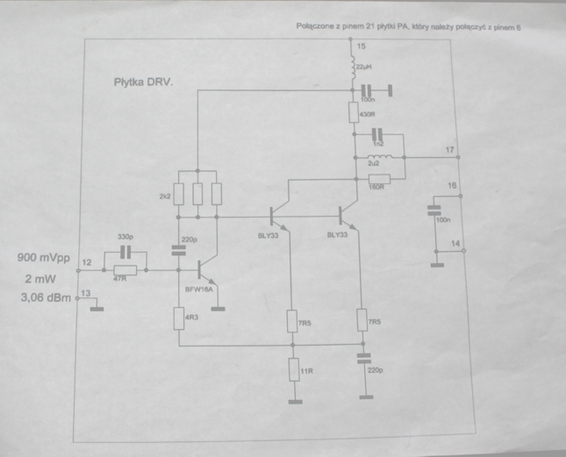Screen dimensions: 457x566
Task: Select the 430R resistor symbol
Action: [x=353, y=112]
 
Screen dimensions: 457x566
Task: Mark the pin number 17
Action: [x=450, y=150]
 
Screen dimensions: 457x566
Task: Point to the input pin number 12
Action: [x=87, y=262]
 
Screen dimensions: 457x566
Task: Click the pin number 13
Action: [x=85, y=293]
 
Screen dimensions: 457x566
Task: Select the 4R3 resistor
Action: [x=178, y=318]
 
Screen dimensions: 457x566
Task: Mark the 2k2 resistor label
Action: [x=163, y=196]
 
